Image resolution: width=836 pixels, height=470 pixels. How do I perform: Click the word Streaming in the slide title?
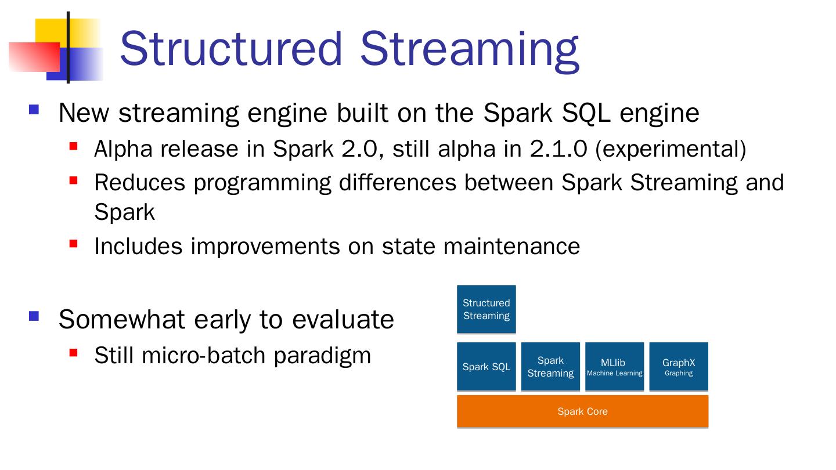[x=470, y=52]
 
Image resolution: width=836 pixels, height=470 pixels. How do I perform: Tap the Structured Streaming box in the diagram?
[x=487, y=309]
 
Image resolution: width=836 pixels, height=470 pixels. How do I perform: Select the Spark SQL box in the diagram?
[x=487, y=367]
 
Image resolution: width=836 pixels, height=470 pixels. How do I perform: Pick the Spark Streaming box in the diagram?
[x=550, y=367]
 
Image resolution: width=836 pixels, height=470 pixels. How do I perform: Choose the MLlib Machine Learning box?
[x=614, y=367]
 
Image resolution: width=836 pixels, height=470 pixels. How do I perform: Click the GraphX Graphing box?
[x=679, y=367]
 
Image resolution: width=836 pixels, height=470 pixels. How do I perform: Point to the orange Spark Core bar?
[x=583, y=411]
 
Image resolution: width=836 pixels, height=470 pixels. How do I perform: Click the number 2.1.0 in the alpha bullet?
[x=558, y=149]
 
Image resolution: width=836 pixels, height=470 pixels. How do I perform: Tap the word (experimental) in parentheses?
[x=671, y=150]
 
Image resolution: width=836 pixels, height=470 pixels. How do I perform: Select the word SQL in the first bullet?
[x=586, y=113]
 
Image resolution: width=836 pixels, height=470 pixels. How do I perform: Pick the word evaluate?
[x=343, y=320]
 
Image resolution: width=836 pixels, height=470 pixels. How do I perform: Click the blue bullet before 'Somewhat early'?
[x=34, y=316]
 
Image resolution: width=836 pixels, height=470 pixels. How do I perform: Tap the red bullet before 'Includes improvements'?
[x=73, y=244]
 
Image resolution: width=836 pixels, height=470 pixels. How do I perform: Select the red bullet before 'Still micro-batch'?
[x=73, y=353]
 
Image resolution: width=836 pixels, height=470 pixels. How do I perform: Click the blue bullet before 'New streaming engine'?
[x=34, y=110]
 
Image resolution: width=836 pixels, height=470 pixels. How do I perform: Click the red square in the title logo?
[x=34, y=57]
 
